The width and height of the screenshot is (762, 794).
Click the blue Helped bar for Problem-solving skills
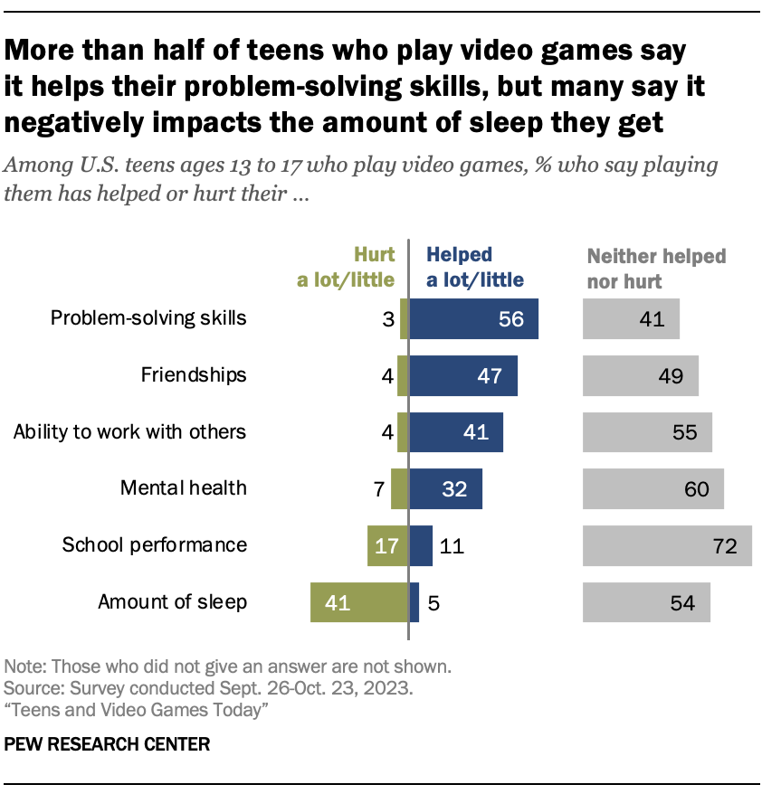[473, 318]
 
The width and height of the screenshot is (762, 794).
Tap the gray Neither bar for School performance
[667, 545]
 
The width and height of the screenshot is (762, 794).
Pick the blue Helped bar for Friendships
[463, 375]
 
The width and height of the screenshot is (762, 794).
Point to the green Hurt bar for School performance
[388, 545]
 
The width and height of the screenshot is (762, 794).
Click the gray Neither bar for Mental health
[653, 488]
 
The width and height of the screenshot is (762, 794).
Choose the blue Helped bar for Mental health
[445, 488]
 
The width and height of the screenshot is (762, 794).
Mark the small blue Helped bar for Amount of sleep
[414, 602]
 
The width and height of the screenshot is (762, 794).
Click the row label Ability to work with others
[129, 431]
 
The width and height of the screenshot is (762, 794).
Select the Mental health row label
[184, 488]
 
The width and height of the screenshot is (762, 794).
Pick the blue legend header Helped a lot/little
[474, 268]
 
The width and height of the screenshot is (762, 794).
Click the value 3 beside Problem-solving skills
[386, 318]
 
